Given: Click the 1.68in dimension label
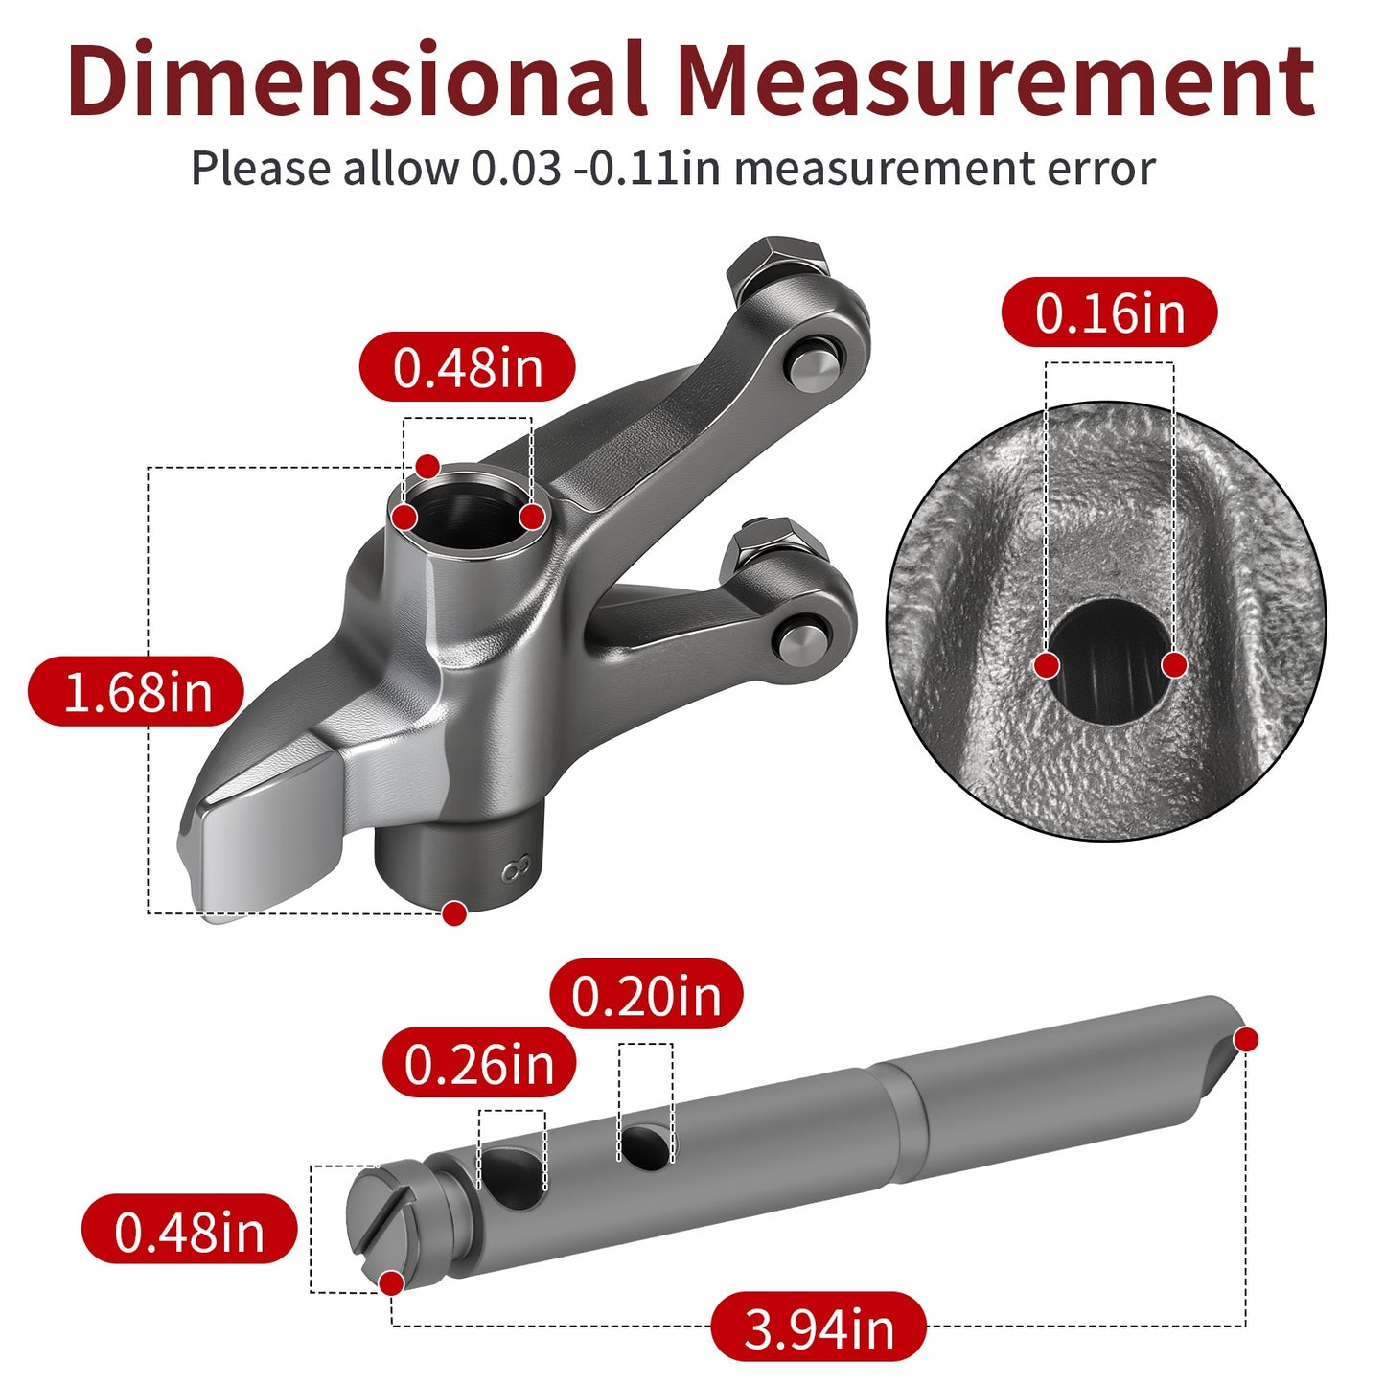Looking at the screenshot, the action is tap(136, 692).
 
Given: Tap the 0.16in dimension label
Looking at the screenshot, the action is tap(1109, 312).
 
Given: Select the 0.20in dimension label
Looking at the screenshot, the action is tap(646, 996).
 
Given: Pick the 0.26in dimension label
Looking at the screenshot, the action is tap(478, 1065).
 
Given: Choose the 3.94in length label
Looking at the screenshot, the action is tap(818, 1329).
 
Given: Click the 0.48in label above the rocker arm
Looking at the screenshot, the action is tap(467, 367).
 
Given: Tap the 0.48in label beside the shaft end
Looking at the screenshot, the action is tap(189, 1232).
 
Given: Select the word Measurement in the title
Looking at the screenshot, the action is tap(996, 81).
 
